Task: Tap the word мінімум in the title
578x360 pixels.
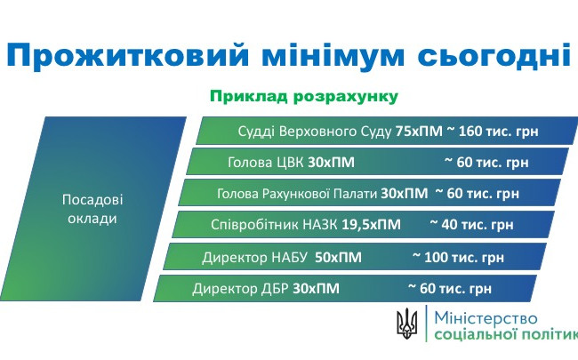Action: pyautogui.click(x=338, y=55)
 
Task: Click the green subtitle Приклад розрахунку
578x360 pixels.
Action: pyautogui.click(x=302, y=95)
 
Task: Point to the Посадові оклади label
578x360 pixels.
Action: pyautogui.click(x=92, y=208)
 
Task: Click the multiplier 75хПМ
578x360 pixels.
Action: pyautogui.click(x=418, y=131)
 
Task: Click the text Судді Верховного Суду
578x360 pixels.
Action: pyautogui.click(x=315, y=131)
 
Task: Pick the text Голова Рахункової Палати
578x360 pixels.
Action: pyautogui.click(x=297, y=193)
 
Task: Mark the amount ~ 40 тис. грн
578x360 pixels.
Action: pyautogui.click(x=471, y=225)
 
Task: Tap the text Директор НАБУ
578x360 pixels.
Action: pyautogui.click(x=254, y=257)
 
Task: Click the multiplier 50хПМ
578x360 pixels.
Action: pyautogui.click(x=339, y=257)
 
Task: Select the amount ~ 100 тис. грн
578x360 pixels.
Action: pyautogui.click(x=458, y=257)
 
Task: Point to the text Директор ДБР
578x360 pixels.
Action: pyautogui.click(x=239, y=288)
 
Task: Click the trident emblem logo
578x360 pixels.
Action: pyautogui.click(x=407, y=323)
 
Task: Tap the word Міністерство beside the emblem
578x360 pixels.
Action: pyautogui.click(x=486, y=316)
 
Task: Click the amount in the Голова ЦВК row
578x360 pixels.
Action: pyautogui.click(x=486, y=162)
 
